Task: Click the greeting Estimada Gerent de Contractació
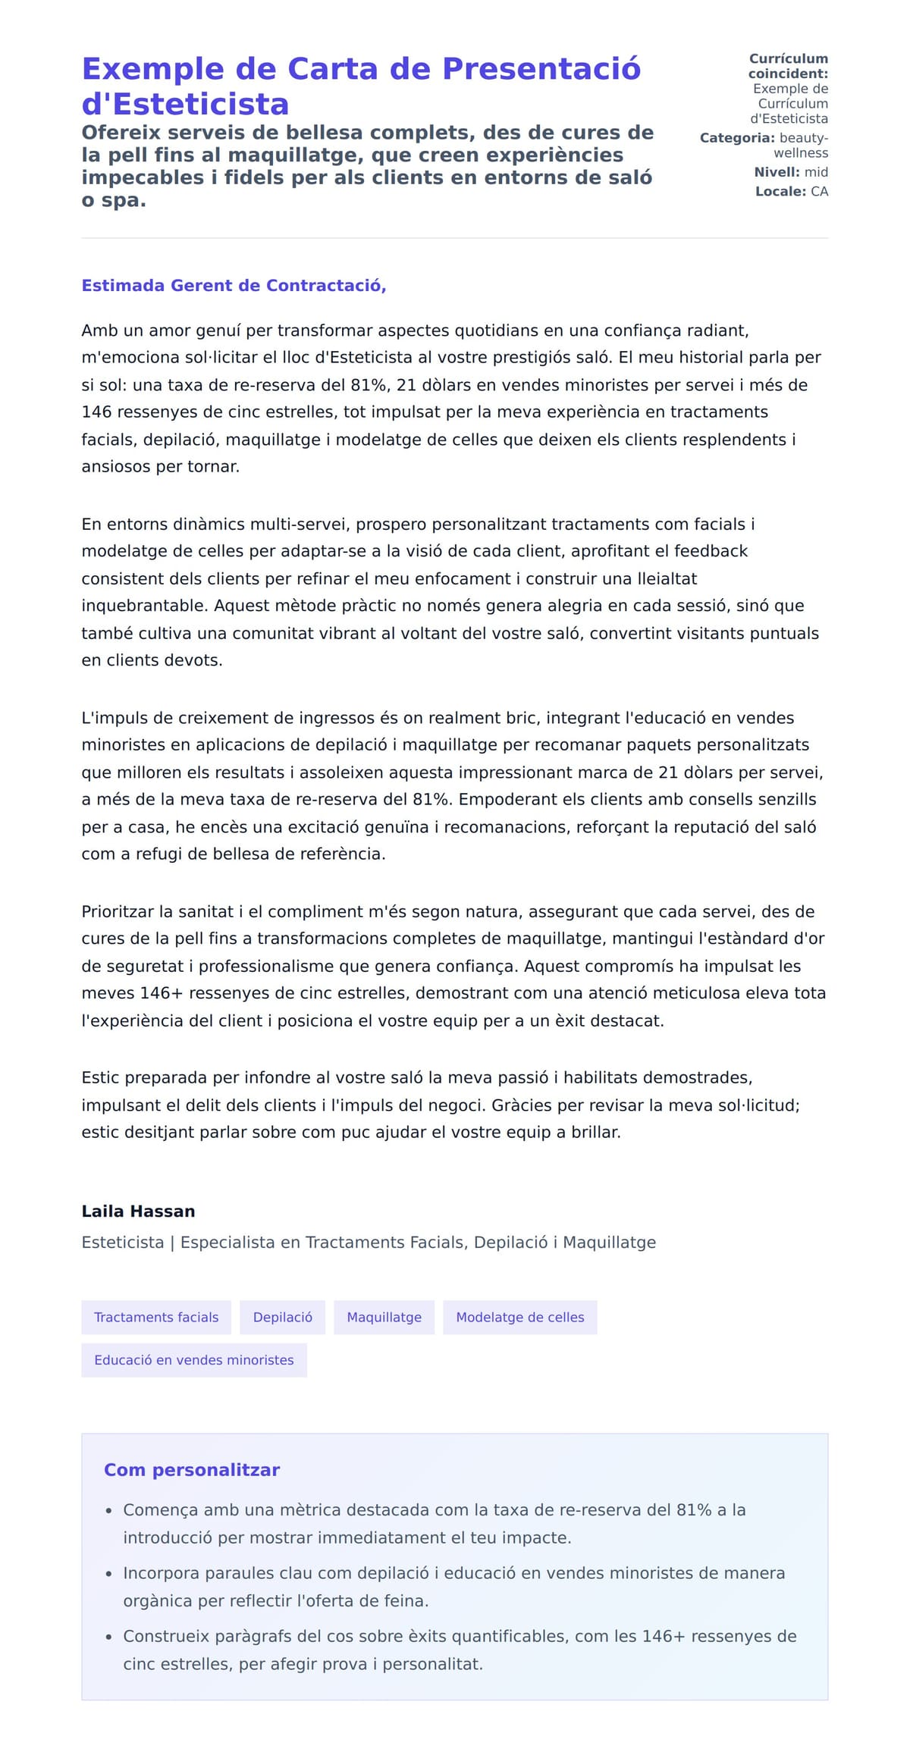(x=234, y=286)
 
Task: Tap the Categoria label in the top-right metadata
(x=736, y=138)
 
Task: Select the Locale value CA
(x=819, y=192)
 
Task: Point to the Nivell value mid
(x=816, y=172)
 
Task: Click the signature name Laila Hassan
(x=138, y=1211)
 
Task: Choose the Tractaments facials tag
(x=156, y=1317)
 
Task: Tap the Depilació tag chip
(x=282, y=1317)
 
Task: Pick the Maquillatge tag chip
(x=384, y=1317)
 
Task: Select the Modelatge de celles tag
(x=519, y=1317)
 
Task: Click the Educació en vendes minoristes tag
(x=193, y=1360)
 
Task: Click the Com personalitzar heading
(x=192, y=1470)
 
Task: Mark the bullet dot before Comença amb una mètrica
(x=109, y=1511)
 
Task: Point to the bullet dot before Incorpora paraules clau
(x=109, y=1575)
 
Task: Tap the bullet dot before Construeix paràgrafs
(x=109, y=1638)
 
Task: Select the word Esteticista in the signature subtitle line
(x=122, y=1243)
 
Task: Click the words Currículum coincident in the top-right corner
(x=788, y=66)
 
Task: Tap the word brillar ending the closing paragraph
(x=595, y=1132)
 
